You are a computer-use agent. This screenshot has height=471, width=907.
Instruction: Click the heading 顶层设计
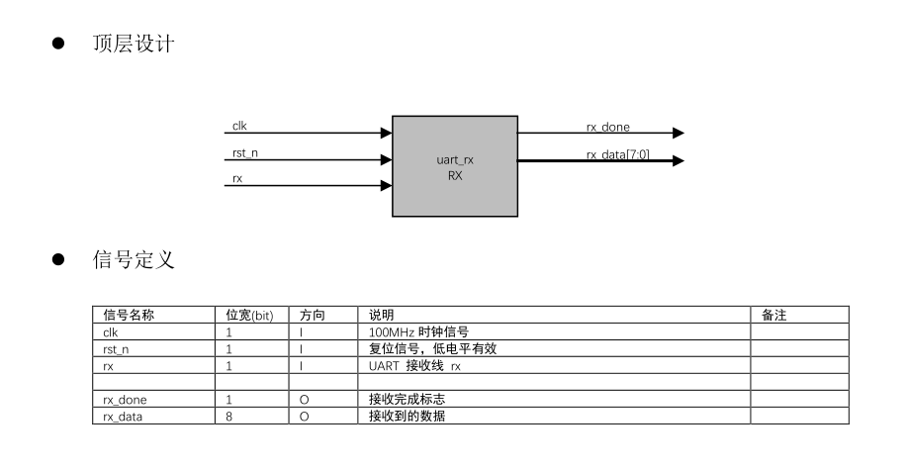134,45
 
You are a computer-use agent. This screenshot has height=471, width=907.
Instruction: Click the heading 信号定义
134,260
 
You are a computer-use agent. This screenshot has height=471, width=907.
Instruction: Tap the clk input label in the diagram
239,127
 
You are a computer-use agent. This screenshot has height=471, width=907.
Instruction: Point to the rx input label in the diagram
237,179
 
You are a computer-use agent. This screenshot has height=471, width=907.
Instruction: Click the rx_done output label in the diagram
607,127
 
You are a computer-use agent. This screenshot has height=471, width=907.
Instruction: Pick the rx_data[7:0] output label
617,154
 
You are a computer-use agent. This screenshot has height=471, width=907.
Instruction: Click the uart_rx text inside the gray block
454,159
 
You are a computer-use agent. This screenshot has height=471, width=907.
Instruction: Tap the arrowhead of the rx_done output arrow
678,133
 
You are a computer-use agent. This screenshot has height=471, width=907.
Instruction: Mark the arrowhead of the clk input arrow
386,133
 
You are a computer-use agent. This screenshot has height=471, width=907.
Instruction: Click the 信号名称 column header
129,316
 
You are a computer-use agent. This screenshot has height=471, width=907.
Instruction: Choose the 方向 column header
313,316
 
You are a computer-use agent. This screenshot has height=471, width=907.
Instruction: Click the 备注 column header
773,316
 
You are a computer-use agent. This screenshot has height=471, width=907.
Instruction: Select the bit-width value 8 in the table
229,417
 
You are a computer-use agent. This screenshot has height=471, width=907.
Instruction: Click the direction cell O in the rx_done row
304,400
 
